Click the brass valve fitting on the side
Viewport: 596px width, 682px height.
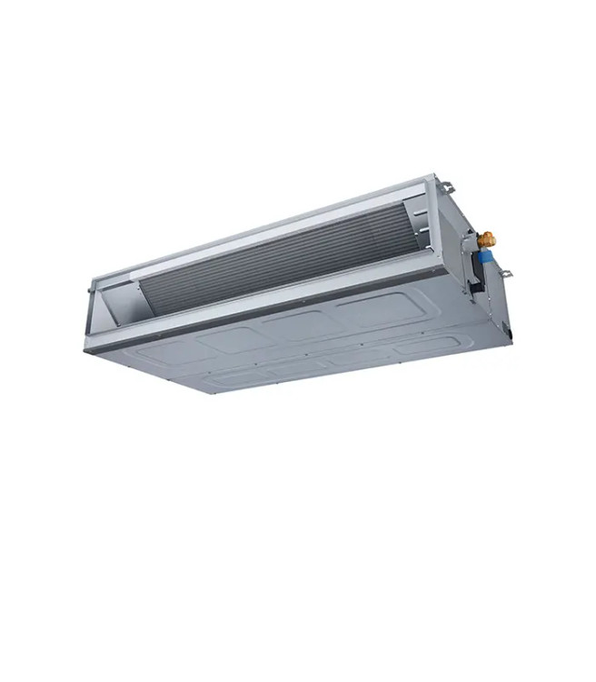(x=488, y=239)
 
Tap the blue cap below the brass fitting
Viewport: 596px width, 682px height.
(x=483, y=257)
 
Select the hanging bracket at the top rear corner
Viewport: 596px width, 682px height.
(x=445, y=187)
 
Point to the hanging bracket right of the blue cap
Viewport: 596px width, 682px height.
(x=504, y=272)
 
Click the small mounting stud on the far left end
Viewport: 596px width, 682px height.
(x=89, y=291)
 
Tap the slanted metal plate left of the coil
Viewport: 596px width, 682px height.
(x=123, y=302)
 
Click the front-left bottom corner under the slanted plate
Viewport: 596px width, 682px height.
(x=89, y=350)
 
